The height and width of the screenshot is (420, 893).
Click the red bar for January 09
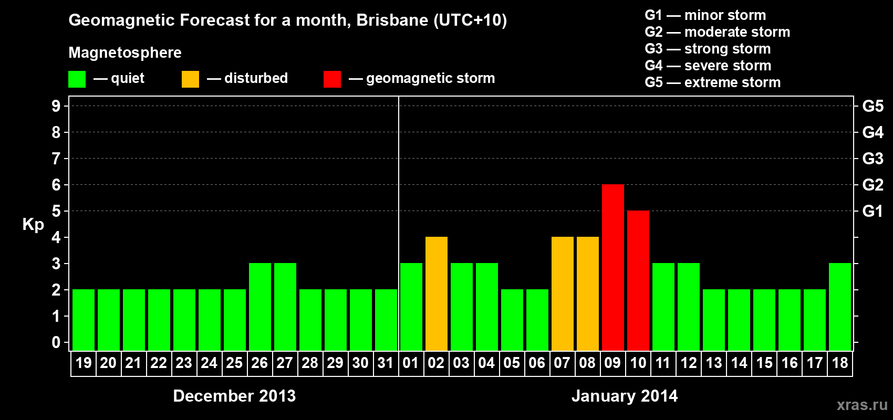pyautogui.click(x=613, y=267)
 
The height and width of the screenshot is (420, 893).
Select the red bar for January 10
pyautogui.click(x=638, y=280)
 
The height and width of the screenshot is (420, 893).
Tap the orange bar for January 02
pyautogui.click(x=437, y=293)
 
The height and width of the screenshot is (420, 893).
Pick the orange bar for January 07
pyautogui.click(x=563, y=293)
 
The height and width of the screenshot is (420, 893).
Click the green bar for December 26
pyautogui.click(x=260, y=307)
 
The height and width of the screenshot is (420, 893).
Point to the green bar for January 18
pyautogui.click(x=840, y=307)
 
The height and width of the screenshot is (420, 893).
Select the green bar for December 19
pyautogui.click(x=84, y=320)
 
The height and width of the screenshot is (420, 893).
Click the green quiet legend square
pyautogui.click(x=77, y=79)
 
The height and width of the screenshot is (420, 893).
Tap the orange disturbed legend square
pyautogui.click(x=190, y=79)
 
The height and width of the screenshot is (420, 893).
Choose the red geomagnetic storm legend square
pyautogui.click(x=332, y=79)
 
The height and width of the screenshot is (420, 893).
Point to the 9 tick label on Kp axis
pyautogui.click(x=56, y=106)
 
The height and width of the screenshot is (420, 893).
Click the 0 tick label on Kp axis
pyautogui.click(x=56, y=342)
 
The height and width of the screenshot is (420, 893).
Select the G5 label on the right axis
pyautogui.click(x=873, y=106)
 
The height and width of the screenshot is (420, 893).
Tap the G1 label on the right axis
pyautogui.click(x=873, y=211)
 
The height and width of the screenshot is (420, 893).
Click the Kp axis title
pyautogui.click(x=33, y=225)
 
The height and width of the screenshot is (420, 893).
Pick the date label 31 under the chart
pyautogui.click(x=386, y=363)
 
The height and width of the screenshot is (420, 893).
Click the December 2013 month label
pyautogui.click(x=234, y=396)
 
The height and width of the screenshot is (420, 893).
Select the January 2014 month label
pyautogui.click(x=624, y=396)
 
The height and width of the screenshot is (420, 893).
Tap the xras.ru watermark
pyautogui.click(x=862, y=405)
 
